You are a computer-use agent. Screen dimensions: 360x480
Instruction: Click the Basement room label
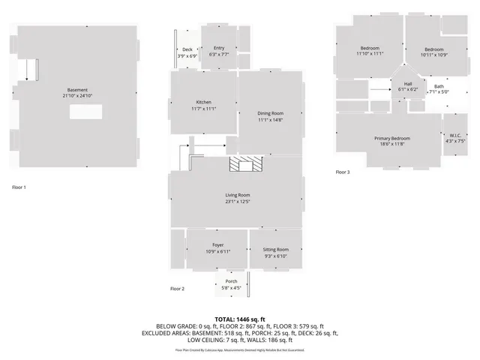pyautogui.click(x=78, y=90)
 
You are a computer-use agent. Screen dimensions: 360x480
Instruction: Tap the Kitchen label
pyautogui.click(x=204, y=102)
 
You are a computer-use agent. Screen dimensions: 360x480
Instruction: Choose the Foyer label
pyautogui.click(x=217, y=245)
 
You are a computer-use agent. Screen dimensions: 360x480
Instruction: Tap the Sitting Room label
pyautogui.click(x=276, y=250)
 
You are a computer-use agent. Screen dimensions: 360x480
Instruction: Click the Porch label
pyautogui.click(x=231, y=282)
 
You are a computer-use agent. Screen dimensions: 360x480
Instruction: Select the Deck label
pyautogui.click(x=187, y=49)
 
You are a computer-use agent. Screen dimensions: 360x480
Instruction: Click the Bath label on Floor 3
pyautogui.click(x=439, y=86)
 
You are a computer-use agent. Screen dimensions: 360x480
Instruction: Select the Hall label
pyautogui.click(x=408, y=83)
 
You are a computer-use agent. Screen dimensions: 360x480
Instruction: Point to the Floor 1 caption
pyautogui.click(x=19, y=187)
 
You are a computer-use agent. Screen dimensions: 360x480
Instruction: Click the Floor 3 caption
pyautogui.click(x=342, y=172)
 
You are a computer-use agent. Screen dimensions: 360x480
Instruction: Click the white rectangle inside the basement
pyautogui.click(x=87, y=112)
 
